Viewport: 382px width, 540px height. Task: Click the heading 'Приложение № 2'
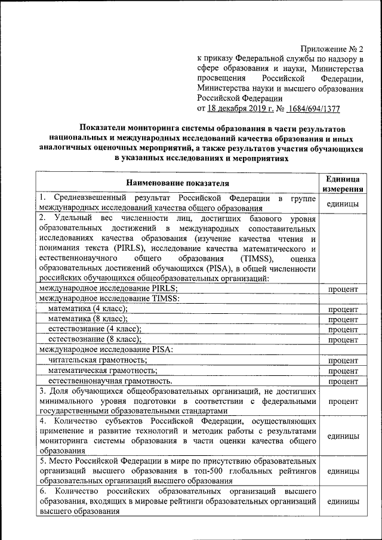point(334,48)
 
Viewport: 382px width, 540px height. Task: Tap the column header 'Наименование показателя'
point(177,183)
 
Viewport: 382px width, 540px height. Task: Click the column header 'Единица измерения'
point(343,183)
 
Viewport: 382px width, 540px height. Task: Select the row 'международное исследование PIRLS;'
point(108,288)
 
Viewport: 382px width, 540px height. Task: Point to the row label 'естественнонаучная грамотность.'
point(110,381)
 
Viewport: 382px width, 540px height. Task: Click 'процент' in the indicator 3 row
point(343,401)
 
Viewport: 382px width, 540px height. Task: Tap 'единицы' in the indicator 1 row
point(343,203)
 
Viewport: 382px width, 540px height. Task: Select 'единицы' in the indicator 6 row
point(343,502)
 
